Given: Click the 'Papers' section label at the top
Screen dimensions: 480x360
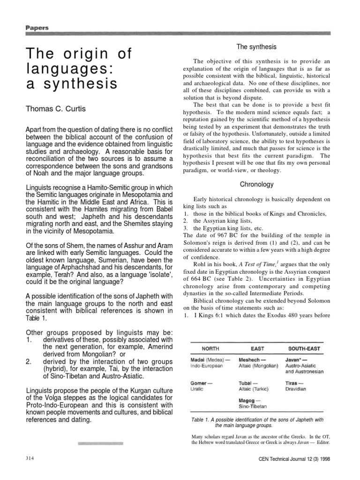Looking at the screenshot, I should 37,28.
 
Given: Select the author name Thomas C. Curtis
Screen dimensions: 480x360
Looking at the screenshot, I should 59,109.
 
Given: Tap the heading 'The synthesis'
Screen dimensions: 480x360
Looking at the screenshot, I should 256,47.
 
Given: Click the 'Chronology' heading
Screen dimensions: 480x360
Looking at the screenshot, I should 256,185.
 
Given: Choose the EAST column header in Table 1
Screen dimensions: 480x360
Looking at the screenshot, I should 257,348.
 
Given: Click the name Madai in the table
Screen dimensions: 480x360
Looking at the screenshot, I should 199,359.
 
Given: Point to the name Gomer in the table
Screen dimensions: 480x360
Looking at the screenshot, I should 199,382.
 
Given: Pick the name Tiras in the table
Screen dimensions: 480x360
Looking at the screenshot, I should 292,382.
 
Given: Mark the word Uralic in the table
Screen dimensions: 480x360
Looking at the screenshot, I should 197,389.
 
